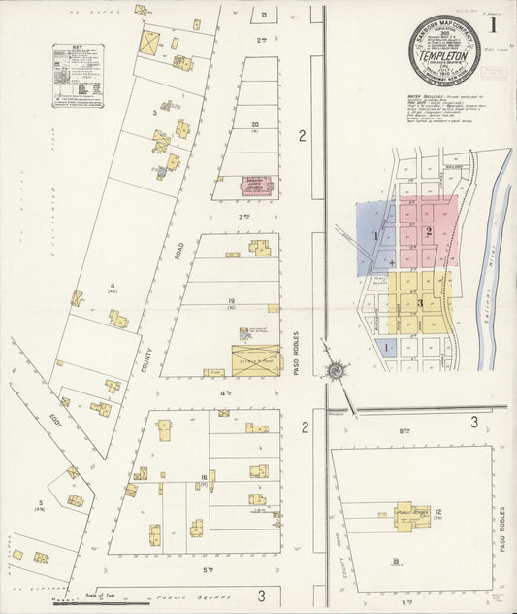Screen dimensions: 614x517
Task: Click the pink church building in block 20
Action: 257,184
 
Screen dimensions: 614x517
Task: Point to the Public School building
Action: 411,517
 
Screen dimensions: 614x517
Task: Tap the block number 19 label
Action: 232,302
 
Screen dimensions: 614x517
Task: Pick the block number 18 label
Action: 205,476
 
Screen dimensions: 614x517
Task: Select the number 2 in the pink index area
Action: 428,231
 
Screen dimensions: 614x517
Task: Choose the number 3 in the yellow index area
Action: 420,303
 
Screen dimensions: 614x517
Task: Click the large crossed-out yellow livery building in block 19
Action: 255,359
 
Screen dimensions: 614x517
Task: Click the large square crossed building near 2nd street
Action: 149,43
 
